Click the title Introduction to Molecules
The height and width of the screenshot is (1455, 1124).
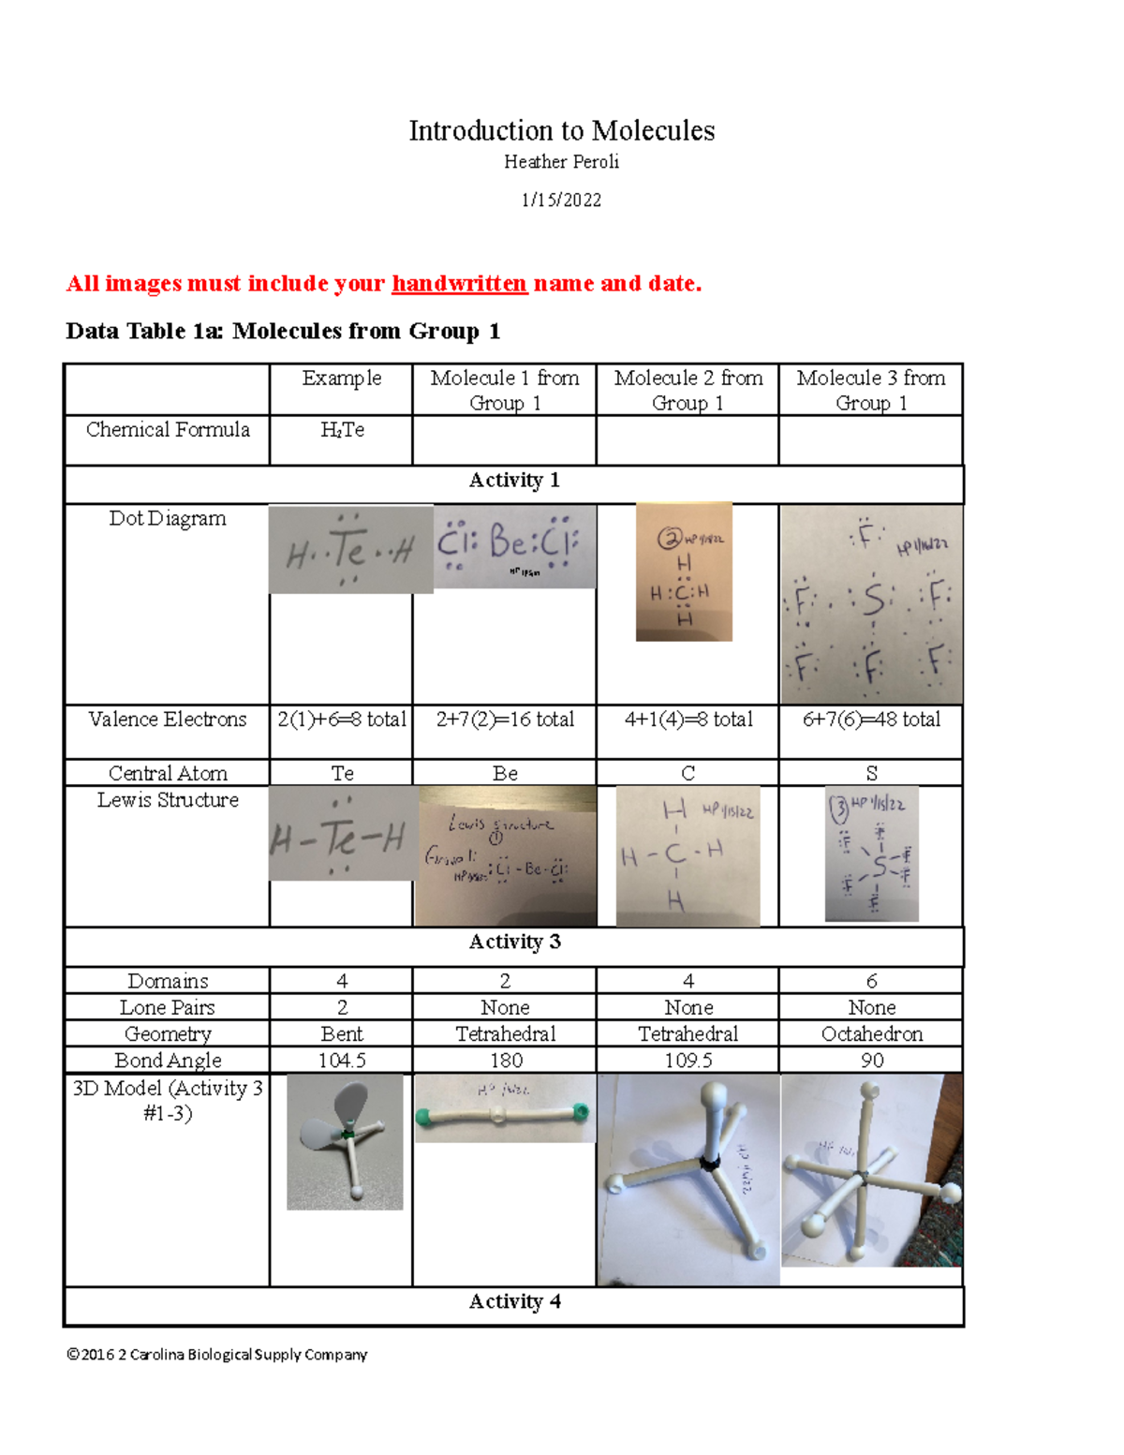click(x=561, y=130)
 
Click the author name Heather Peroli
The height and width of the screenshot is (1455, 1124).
click(x=561, y=162)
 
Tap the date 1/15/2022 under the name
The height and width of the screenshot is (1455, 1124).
click(x=561, y=200)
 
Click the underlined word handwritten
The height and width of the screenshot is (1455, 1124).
click(x=459, y=283)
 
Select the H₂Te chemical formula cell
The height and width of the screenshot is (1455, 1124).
click(x=342, y=430)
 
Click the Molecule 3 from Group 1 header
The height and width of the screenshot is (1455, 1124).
click(x=871, y=390)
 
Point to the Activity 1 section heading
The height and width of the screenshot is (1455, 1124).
click(x=514, y=481)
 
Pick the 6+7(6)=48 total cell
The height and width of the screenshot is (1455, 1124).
click(x=871, y=720)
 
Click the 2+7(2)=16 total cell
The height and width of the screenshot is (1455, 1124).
click(x=505, y=720)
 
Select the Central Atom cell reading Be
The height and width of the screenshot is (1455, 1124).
click(x=505, y=773)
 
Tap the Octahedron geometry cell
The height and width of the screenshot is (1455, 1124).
click(x=871, y=1034)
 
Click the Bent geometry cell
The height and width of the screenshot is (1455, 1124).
click(x=342, y=1034)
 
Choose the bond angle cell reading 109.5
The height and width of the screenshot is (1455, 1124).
click(x=688, y=1061)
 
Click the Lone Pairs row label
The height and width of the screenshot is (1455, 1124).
click(x=168, y=1008)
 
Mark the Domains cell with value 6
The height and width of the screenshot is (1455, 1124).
click(x=871, y=981)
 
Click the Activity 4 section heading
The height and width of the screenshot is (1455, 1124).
click(x=514, y=1302)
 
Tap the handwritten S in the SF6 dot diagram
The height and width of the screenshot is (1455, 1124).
click(x=873, y=600)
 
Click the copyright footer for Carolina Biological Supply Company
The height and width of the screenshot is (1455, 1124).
click(x=216, y=1355)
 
